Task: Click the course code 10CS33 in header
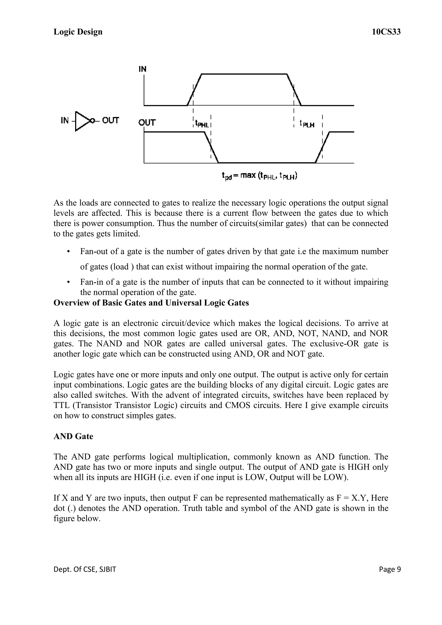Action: tap(386, 32)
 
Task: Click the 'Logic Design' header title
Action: tap(78, 32)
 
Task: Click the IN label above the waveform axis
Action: tap(142, 69)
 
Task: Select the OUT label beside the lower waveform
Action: tap(147, 123)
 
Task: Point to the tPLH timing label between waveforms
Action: tap(307, 124)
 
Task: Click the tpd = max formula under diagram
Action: tap(259, 176)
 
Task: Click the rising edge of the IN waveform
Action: tap(194, 90)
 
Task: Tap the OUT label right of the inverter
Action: tap(110, 120)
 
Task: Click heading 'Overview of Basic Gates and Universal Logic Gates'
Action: tap(151, 303)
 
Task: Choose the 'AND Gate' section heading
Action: tap(73, 436)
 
